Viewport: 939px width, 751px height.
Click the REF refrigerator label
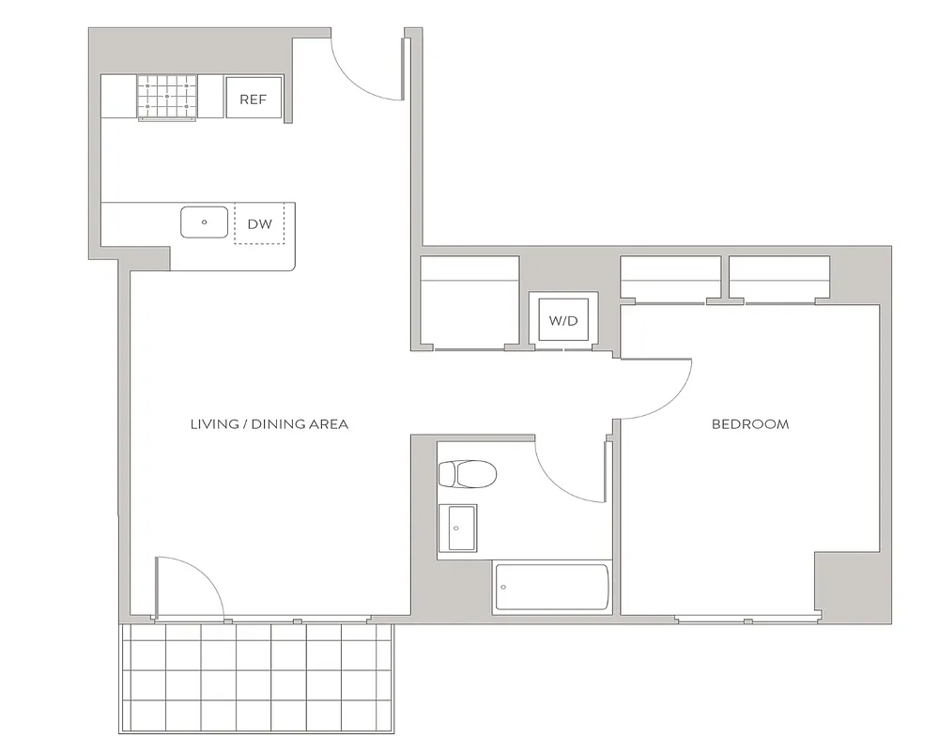pos(254,99)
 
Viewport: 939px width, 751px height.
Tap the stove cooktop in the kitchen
pos(167,97)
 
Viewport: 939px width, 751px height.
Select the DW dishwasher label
pos(259,224)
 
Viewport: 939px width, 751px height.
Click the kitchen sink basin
pos(205,222)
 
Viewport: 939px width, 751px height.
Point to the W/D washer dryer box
pos(562,320)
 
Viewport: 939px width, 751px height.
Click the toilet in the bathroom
pos(467,474)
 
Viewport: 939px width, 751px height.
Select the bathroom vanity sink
pos(457,528)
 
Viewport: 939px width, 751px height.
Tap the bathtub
pos(551,588)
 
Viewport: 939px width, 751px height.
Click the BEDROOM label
pos(750,424)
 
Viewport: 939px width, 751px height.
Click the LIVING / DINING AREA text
pos(269,424)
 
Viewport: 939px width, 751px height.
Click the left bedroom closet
pos(670,280)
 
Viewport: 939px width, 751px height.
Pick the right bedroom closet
pos(779,280)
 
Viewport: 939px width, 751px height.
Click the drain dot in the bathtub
pos(504,588)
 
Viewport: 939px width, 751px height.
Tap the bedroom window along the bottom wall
pos(747,620)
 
